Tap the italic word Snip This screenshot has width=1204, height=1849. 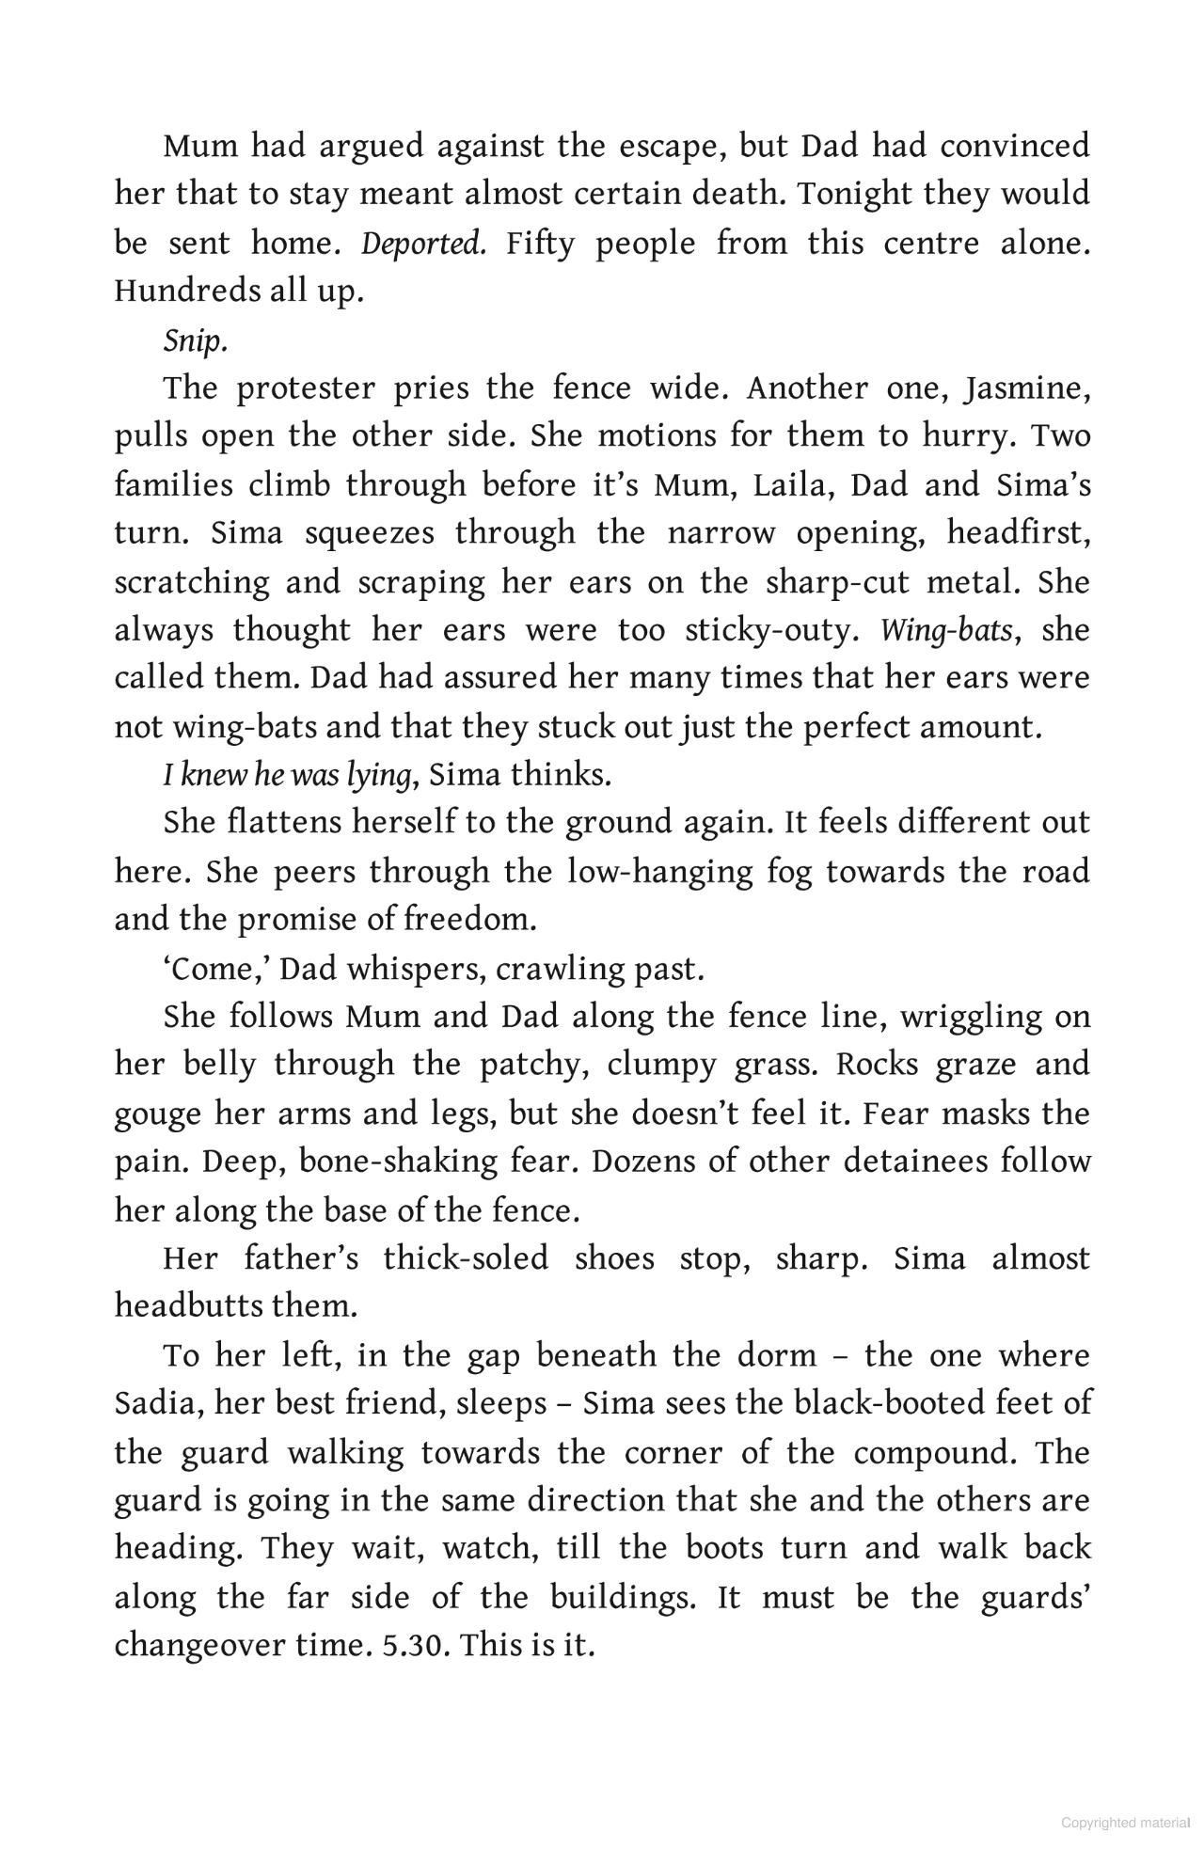coord(196,340)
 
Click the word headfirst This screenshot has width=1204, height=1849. coord(1018,533)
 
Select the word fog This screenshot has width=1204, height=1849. coord(786,872)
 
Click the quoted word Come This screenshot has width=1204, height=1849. coord(212,969)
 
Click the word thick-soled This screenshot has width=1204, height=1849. coord(466,1258)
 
